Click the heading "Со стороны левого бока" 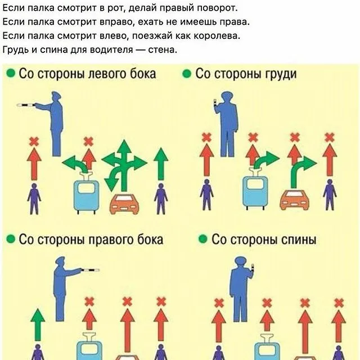[87, 74]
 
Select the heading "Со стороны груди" [246, 74]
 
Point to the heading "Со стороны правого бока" [91, 240]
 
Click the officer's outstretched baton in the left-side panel [27, 105]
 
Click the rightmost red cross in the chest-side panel [330, 136]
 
